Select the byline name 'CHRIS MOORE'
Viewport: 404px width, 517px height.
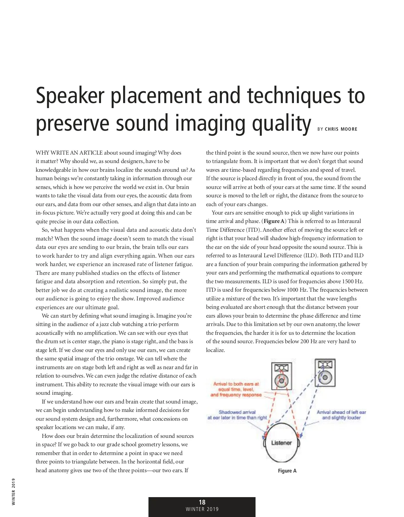(x=341, y=129)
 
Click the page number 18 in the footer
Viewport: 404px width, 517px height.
(x=202, y=502)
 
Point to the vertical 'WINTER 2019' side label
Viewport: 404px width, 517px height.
(x=13, y=491)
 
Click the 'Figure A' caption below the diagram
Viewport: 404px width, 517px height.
(x=287, y=471)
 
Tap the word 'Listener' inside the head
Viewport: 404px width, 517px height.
(x=281, y=443)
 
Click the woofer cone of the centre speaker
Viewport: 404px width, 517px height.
(x=281, y=381)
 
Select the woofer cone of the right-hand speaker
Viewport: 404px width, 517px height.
(x=325, y=377)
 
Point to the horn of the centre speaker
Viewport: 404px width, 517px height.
(x=281, y=368)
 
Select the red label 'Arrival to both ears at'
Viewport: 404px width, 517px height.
(x=236, y=384)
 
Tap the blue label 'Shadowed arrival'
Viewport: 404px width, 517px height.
(x=237, y=412)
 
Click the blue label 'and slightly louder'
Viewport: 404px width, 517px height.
(x=341, y=418)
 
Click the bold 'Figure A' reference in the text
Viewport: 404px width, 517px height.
(x=274, y=221)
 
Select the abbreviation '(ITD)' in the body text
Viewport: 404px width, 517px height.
(x=254, y=230)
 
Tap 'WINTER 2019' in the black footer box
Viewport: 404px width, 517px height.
(x=202, y=509)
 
